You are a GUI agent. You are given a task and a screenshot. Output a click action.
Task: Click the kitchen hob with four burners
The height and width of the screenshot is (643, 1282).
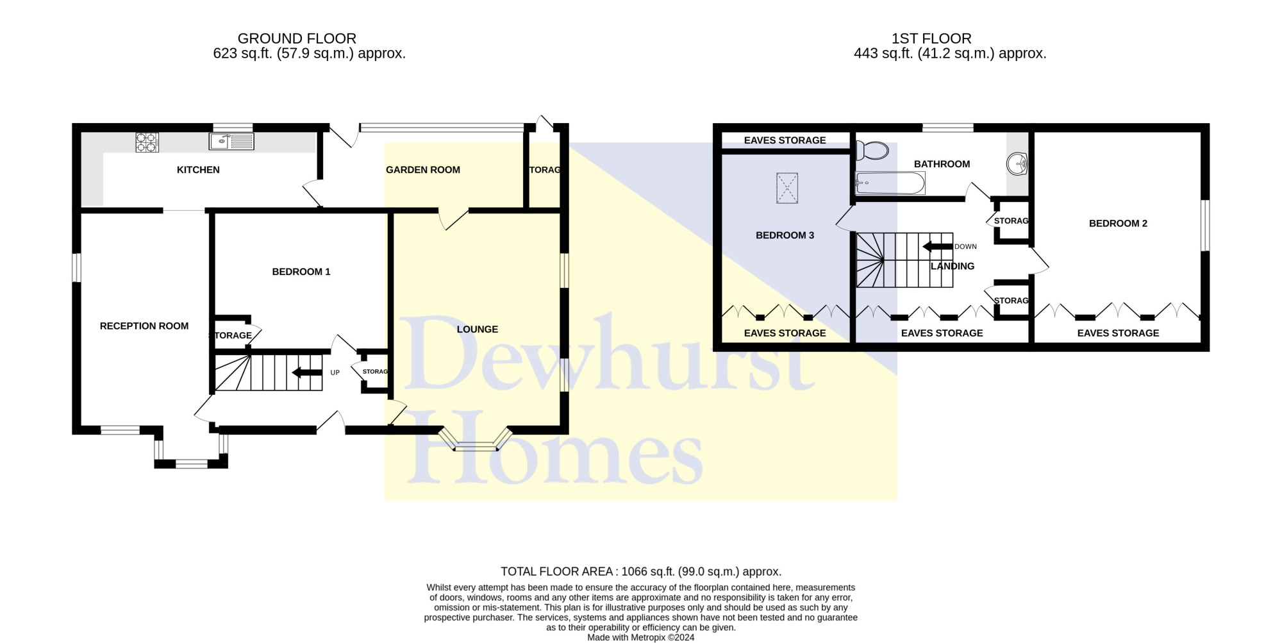[147, 142]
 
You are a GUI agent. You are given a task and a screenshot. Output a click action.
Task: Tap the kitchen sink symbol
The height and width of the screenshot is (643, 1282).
[231, 141]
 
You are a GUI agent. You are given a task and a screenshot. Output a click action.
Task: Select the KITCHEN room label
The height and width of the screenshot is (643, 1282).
[198, 170]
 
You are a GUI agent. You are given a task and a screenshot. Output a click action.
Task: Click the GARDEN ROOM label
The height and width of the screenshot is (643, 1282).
[423, 170]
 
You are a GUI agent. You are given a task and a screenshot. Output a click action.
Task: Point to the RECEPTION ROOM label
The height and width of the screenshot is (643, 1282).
[144, 326]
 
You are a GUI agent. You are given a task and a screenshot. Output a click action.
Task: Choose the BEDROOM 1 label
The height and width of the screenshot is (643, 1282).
[301, 272]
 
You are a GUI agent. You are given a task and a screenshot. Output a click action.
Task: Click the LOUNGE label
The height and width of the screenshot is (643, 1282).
[478, 330]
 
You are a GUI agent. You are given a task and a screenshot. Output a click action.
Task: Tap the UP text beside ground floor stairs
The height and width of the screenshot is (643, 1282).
[335, 372]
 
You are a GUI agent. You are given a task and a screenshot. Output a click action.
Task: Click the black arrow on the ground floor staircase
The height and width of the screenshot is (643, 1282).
[306, 372]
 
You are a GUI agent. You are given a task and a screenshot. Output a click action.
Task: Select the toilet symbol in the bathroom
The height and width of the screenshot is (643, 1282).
[872, 151]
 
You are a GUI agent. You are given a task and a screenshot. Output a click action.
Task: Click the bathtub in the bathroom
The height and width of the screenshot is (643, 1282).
[890, 183]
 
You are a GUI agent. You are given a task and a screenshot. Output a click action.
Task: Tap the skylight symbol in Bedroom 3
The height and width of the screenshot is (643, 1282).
[787, 188]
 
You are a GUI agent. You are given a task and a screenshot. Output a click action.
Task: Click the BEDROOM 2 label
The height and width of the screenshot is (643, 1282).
[1118, 224]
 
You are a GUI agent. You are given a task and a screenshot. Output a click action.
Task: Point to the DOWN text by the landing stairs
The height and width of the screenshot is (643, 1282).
[965, 247]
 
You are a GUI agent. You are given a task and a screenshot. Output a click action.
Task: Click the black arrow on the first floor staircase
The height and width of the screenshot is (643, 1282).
[937, 247]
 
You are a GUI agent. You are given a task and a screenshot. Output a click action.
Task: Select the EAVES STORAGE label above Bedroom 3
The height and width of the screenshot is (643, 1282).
[785, 140]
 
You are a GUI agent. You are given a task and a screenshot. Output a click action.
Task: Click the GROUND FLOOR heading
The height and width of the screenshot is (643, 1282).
[297, 38]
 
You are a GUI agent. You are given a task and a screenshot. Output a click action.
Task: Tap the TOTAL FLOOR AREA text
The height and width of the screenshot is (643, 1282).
[558, 572]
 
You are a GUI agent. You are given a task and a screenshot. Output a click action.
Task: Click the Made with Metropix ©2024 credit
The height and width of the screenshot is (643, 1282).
[641, 638]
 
